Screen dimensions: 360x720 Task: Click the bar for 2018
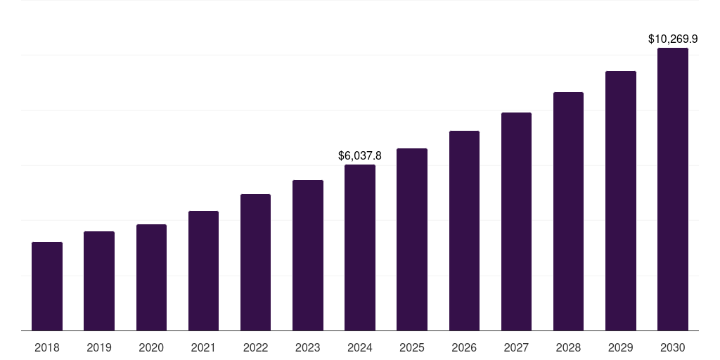click(x=47, y=286)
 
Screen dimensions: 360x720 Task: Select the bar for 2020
click(x=151, y=278)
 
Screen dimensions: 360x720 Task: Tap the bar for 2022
click(x=255, y=262)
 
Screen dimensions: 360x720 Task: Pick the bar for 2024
click(x=360, y=247)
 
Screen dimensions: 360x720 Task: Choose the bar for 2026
click(x=464, y=231)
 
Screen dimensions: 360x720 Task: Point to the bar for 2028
click(x=568, y=211)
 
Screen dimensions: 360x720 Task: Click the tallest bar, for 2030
click(x=673, y=189)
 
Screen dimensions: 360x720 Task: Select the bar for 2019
click(x=99, y=281)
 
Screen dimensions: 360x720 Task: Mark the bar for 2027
click(x=516, y=221)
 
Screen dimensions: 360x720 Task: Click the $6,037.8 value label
click(x=360, y=155)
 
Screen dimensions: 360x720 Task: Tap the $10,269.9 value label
click(x=673, y=39)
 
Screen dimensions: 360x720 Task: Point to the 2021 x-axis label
click(x=203, y=347)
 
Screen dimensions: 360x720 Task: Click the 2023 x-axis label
click(x=308, y=347)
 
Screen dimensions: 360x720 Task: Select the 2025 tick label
click(x=412, y=347)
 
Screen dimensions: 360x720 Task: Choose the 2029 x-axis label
click(x=621, y=347)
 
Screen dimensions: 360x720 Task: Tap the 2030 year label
click(x=673, y=347)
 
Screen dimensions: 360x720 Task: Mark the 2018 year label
click(x=47, y=347)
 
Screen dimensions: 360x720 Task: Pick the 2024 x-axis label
click(x=360, y=347)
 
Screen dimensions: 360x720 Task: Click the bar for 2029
click(x=621, y=200)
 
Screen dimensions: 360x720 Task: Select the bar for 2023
click(x=308, y=255)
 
